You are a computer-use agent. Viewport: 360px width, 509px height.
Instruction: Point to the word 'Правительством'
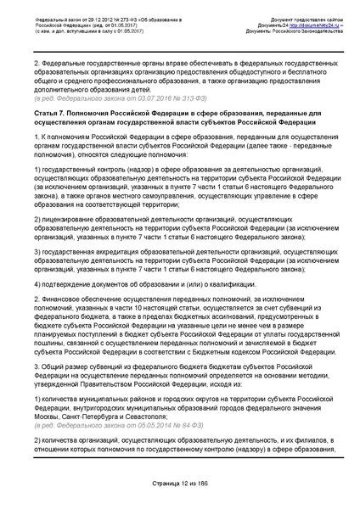pos(96,377)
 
